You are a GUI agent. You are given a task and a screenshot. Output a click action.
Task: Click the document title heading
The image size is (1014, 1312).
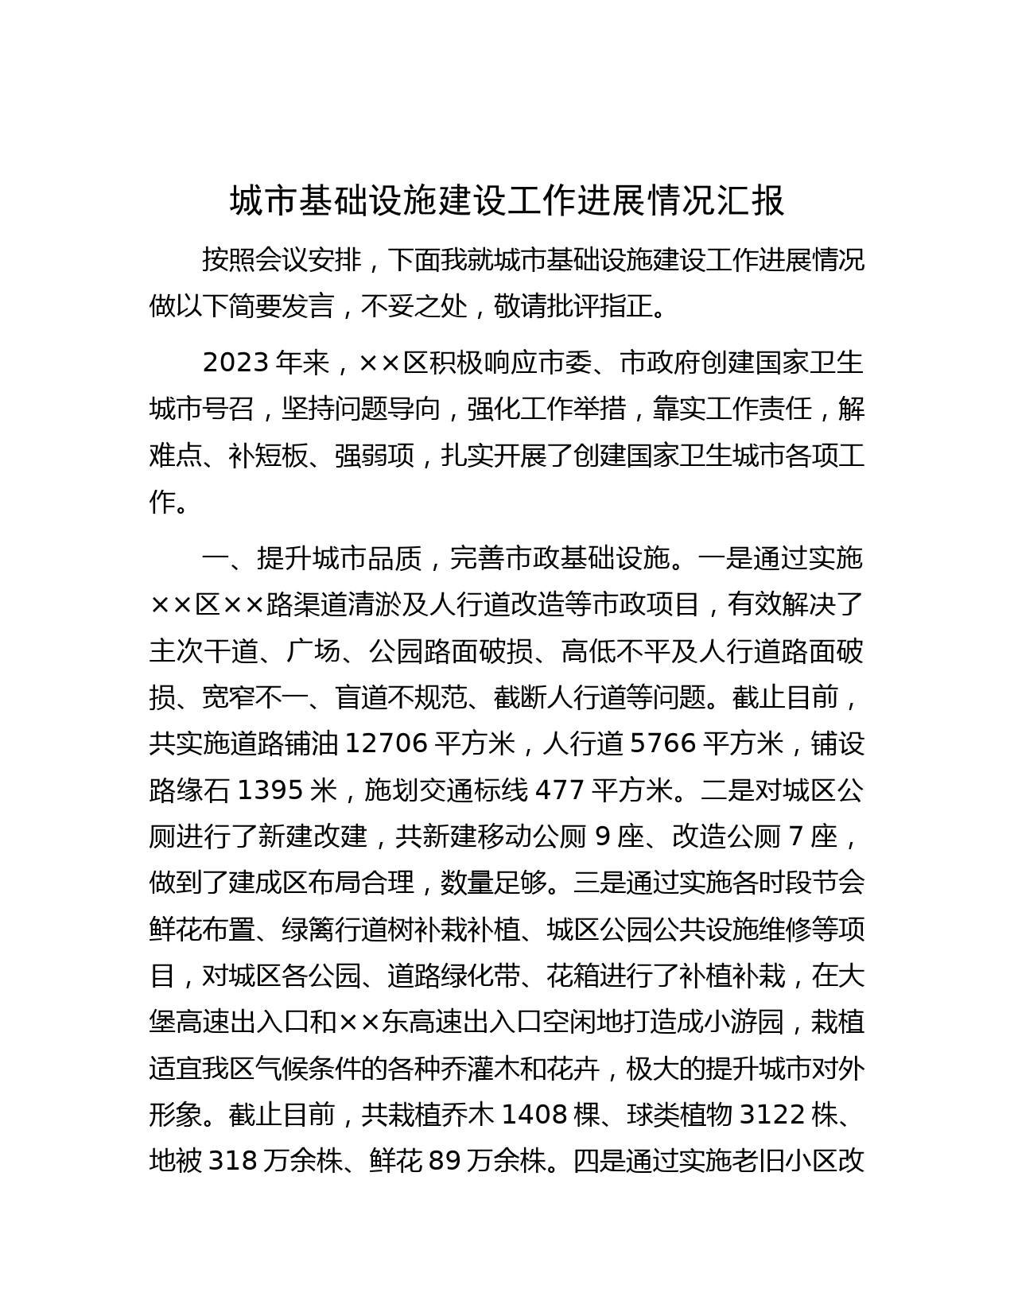click(x=507, y=202)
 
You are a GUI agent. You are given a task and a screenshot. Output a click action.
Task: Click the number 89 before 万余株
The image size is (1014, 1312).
click(x=445, y=1162)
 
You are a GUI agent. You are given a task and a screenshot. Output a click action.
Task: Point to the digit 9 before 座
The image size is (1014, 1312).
click(x=602, y=836)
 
